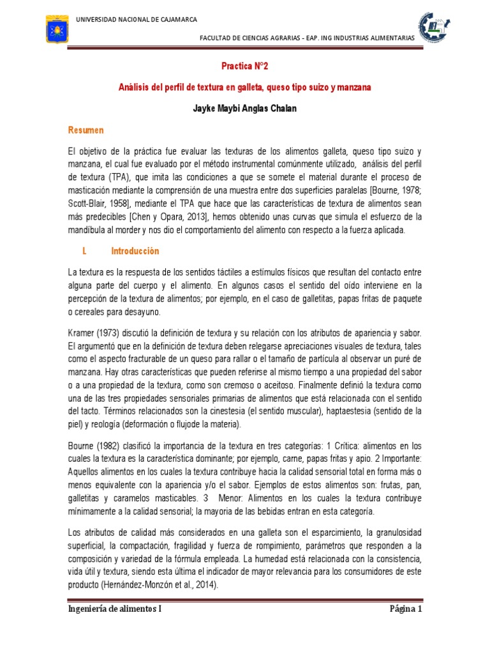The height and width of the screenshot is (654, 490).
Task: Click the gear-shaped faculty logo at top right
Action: click(436, 26)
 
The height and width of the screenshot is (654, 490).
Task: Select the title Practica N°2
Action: click(245, 66)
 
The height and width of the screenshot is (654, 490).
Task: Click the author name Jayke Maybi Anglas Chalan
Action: click(245, 109)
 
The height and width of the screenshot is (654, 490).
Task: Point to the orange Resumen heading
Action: click(85, 130)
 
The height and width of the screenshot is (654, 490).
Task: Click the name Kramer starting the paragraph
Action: click(81, 334)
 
